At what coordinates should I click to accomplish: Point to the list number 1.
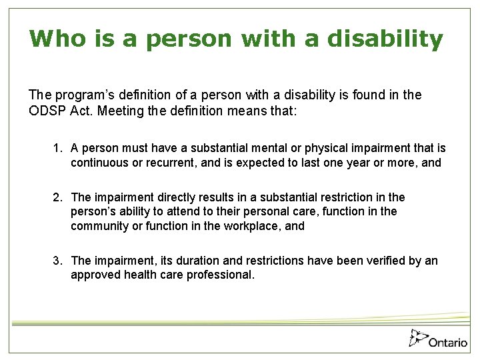(58, 148)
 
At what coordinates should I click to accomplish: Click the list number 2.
(58, 197)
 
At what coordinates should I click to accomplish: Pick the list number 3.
(58, 261)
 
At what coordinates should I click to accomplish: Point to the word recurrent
(173, 163)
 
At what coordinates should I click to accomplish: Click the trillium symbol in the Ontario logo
(417, 337)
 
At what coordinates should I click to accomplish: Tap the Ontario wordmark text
(448, 342)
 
